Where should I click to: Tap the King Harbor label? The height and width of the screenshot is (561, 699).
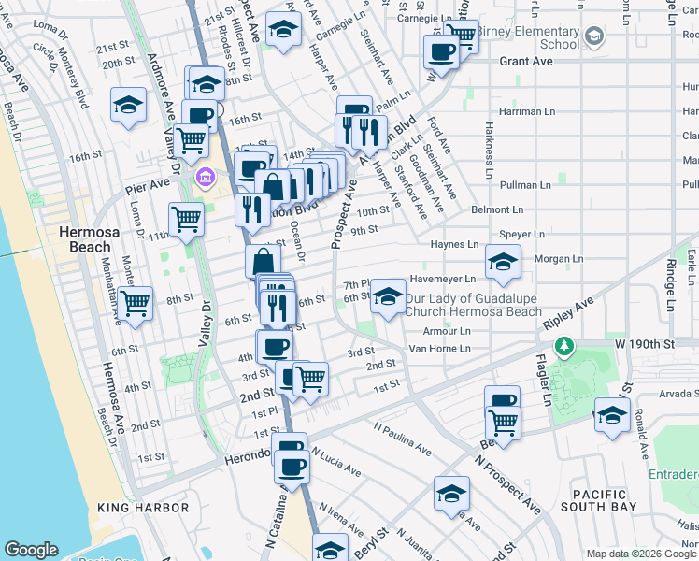tap(143, 508)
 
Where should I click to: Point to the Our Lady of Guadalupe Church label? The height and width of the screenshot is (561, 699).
tap(474, 305)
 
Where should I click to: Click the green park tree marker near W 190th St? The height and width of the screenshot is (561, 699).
tap(563, 348)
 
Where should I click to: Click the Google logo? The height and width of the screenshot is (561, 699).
tap(32, 550)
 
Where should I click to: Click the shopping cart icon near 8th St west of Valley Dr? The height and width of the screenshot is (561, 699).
tap(136, 304)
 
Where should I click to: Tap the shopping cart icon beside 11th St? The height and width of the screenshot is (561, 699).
tap(187, 220)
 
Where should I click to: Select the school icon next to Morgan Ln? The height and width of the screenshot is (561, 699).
tap(503, 265)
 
